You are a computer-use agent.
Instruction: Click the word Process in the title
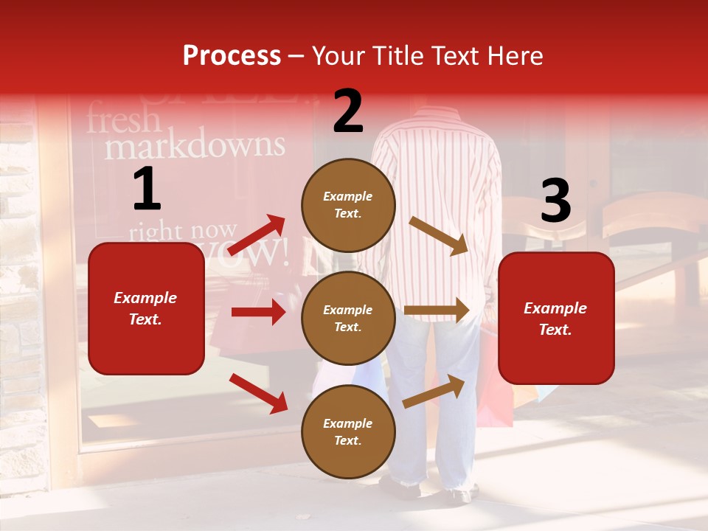[x=232, y=56]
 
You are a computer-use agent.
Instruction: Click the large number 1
[x=146, y=190]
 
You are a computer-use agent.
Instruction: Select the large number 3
[x=555, y=201]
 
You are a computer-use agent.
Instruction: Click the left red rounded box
[x=146, y=308]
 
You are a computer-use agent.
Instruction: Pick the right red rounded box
[x=556, y=318]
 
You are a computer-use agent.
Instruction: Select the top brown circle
[x=348, y=205]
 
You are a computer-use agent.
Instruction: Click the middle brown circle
[x=348, y=318]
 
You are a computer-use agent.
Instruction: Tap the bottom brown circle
[x=348, y=431]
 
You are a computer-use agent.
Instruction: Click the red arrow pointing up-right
[x=257, y=235]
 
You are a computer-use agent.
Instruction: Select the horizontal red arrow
[x=258, y=312]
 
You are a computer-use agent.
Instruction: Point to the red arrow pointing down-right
[x=259, y=393]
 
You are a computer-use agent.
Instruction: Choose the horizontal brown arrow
[x=437, y=310]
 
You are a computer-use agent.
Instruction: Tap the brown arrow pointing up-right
[x=434, y=391]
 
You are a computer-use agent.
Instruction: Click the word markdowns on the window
[x=194, y=146]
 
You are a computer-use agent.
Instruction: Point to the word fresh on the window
[x=123, y=119]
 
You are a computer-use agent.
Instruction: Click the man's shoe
[x=399, y=487]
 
